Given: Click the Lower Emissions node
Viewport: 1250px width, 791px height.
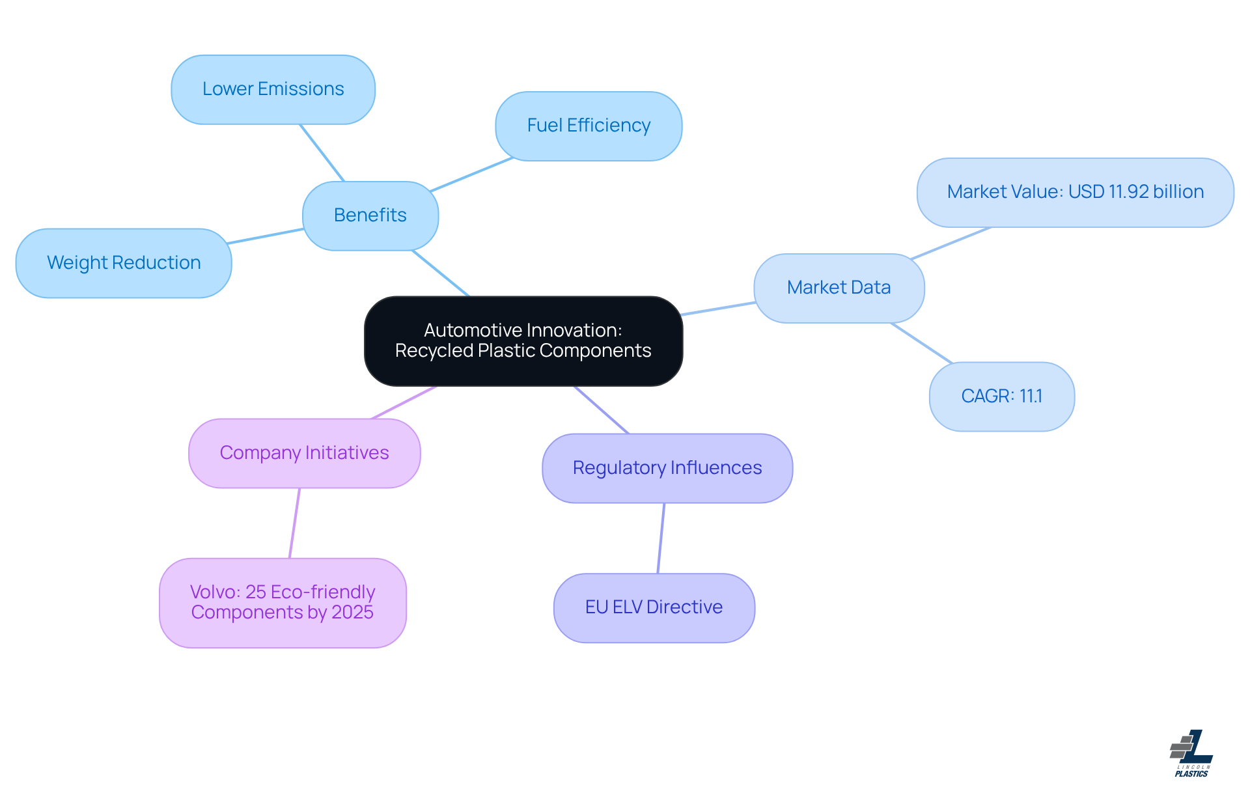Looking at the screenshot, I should point(273,89).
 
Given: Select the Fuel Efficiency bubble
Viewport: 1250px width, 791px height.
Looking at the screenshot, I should point(589,126).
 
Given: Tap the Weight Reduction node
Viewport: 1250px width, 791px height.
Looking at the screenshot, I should point(124,263).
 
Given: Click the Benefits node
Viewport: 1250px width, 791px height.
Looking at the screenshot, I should point(370,215).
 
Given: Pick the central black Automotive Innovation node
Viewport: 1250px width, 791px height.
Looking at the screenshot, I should point(523,340).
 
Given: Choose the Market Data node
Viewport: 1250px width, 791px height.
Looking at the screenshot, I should point(839,288).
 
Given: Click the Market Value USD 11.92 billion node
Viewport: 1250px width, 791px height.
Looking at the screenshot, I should point(1075,192).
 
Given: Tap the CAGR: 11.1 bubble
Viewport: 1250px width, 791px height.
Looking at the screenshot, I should point(1001,396).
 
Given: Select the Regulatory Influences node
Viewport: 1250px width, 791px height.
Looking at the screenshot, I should point(667,468).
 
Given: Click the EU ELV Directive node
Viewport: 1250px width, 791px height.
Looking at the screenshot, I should point(654,607).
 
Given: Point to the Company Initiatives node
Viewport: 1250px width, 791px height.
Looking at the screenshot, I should point(304,453).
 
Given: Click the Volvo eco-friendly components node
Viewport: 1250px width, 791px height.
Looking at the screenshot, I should point(283,602).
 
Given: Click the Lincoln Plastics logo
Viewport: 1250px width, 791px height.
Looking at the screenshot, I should point(1192,753).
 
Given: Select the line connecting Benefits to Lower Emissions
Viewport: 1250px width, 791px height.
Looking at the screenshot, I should point(322,152).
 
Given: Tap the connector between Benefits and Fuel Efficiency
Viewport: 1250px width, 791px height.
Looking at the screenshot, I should point(471,174).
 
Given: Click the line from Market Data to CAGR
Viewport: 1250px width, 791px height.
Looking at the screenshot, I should point(921,343).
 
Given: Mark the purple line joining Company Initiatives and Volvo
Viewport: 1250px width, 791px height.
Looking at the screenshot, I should point(294,523).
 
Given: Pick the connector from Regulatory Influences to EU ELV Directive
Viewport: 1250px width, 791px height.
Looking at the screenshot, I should point(661,538).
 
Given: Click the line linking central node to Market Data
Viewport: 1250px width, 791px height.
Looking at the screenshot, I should point(718,309).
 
